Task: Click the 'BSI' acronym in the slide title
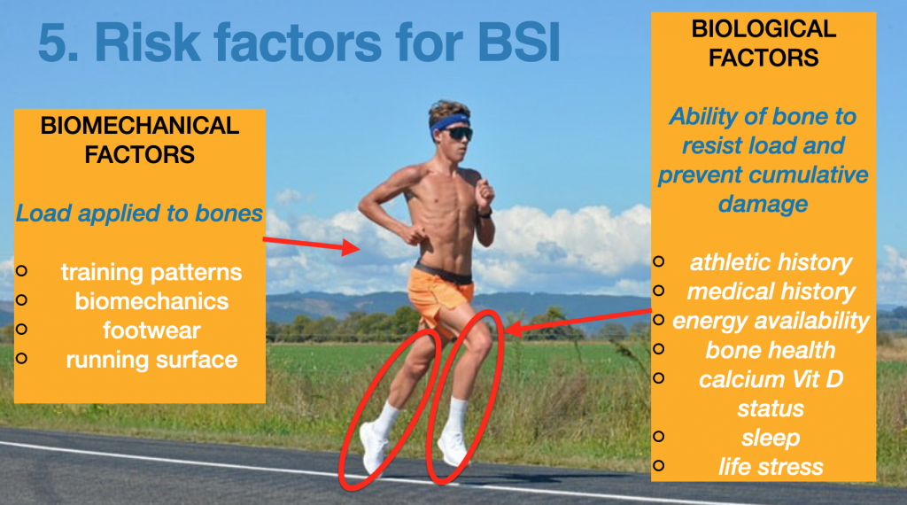519,43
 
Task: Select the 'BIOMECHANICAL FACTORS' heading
139,140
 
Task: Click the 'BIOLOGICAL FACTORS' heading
764,43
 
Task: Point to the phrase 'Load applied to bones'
139,214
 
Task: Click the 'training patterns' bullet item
151,272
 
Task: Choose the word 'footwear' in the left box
151,330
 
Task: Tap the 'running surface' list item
151,360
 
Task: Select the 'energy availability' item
771,321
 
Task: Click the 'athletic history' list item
771,262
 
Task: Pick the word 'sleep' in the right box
771,438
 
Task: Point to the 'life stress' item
771,467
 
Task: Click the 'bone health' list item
771,350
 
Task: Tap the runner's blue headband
449,123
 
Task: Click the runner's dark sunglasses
457,134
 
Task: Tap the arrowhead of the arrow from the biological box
514,329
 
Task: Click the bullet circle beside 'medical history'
658,290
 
